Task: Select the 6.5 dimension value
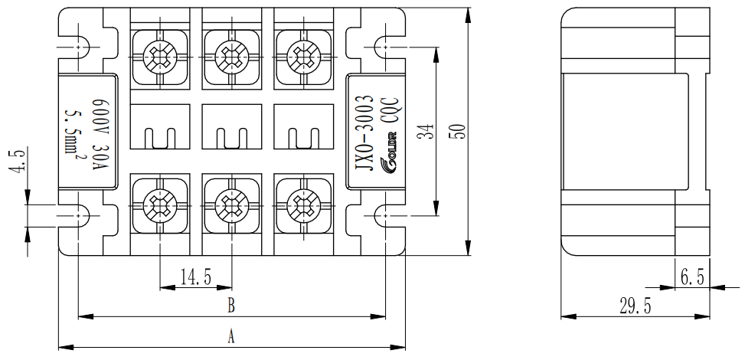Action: (691, 277)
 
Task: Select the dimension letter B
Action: (231, 306)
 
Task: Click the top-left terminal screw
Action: (160, 54)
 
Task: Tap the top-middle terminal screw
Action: (230, 54)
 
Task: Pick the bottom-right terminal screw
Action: (301, 205)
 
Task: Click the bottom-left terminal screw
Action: (160, 205)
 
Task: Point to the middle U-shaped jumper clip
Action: (230, 139)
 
